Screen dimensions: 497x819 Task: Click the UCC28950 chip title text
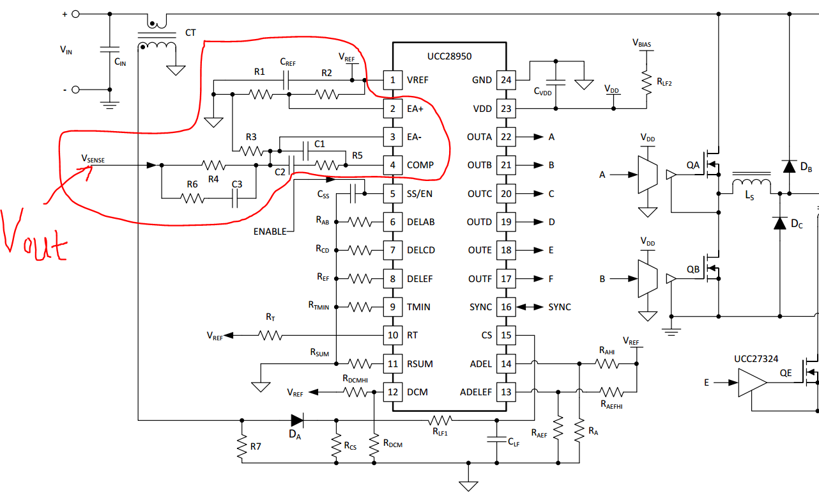450,56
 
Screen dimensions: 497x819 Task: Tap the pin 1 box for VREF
393,81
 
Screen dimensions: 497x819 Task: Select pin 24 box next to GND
506,81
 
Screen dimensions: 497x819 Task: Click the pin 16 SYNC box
506,307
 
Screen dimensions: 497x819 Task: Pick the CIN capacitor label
120,62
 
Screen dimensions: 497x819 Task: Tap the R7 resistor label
256,445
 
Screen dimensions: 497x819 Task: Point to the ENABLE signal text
270,232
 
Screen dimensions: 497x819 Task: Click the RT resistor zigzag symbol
270,335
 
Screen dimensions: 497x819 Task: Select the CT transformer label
190,33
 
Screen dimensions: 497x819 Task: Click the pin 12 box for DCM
393,392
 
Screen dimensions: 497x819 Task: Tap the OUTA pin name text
480,137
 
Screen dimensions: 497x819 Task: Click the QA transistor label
693,165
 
